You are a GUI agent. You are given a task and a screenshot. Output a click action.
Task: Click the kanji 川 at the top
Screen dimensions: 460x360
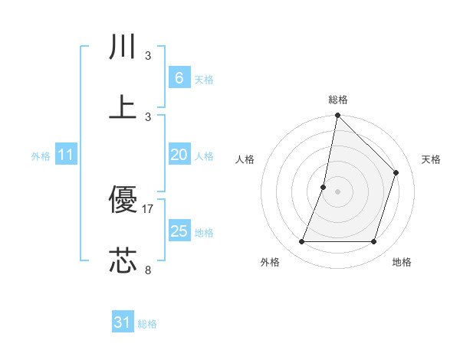pos(123,47)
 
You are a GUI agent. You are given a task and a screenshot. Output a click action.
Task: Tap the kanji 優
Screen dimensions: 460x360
pos(123,201)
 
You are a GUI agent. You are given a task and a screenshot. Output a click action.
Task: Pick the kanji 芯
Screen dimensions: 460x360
pos(123,261)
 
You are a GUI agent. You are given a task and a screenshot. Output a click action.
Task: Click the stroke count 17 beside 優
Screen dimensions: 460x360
pos(148,208)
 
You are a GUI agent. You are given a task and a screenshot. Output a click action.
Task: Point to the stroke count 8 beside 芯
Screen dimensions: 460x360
pos(148,269)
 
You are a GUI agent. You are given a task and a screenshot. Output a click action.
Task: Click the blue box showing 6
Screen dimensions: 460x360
pos(179,77)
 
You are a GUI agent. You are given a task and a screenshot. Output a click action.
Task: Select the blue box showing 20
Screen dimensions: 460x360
pos(179,155)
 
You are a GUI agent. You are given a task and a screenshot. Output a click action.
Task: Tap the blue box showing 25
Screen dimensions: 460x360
pos(179,231)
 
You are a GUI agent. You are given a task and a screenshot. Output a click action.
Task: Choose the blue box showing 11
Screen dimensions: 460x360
pos(65,155)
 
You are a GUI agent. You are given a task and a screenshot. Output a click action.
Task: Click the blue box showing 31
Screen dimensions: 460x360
pos(123,322)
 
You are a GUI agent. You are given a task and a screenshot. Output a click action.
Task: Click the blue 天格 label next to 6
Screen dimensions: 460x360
pos(204,79)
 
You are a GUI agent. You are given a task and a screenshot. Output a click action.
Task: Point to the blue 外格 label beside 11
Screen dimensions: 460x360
pos(41,155)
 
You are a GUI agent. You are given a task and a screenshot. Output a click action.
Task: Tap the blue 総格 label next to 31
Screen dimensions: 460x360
pos(147,324)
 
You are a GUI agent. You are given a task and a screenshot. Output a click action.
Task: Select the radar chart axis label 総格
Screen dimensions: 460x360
pos(338,100)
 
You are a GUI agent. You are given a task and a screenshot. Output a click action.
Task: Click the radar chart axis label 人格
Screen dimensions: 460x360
pos(245,159)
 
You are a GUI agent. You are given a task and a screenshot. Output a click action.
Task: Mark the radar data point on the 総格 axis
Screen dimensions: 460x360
pos(337,116)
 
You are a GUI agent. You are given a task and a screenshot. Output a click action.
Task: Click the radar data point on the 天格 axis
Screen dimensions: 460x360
pos(396,172)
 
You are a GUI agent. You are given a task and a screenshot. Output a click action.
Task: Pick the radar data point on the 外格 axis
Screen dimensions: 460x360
pos(301,242)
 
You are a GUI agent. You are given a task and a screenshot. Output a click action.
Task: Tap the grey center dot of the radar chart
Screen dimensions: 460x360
pos(337,191)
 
